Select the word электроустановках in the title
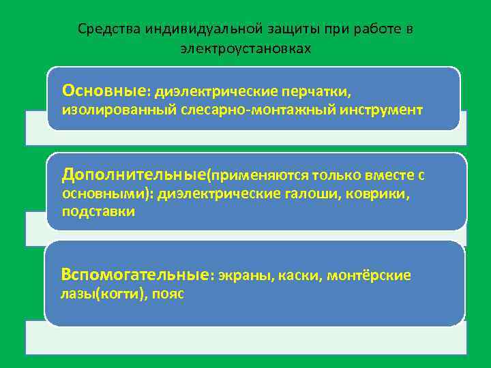[x=245, y=49]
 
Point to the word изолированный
[x=119, y=110]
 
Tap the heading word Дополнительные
[x=134, y=175]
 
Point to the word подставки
[x=98, y=211]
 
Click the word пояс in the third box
[x=169, y=294]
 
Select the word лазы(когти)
[x=100, y=294]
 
